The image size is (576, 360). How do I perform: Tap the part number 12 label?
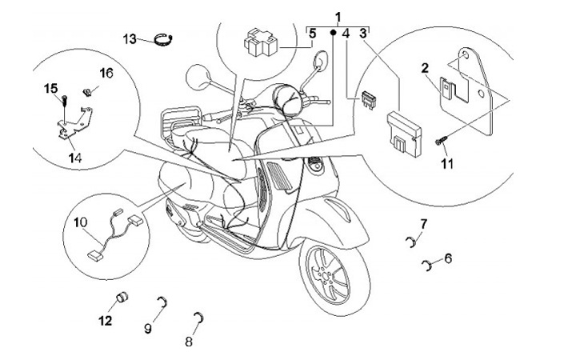[106, 322]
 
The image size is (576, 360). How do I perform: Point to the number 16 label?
[106, 73]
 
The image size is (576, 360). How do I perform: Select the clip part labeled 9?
[162, 302]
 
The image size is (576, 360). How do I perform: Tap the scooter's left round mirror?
[198, 78]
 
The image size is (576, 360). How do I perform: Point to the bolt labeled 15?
[62, 100]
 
